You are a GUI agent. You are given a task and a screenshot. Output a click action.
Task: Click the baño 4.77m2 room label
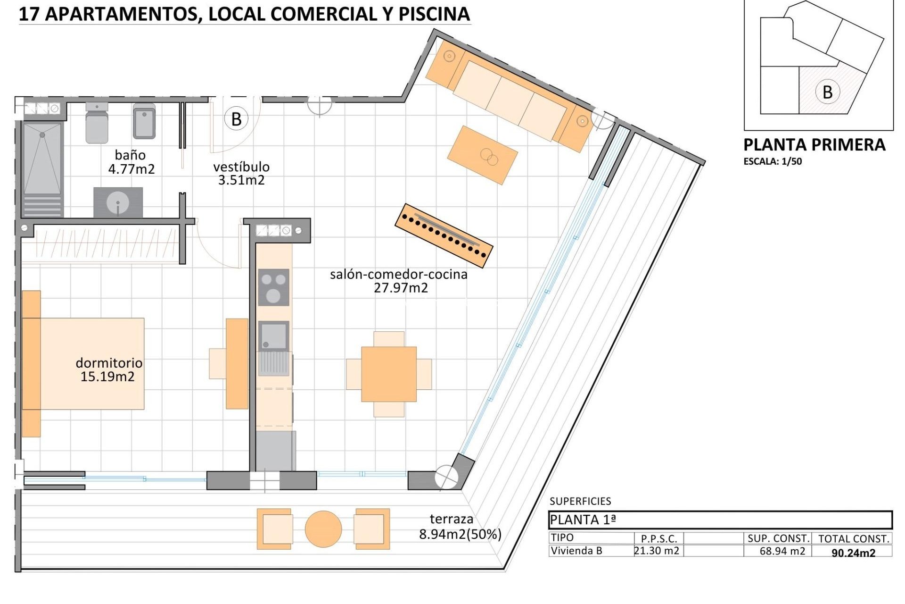131,162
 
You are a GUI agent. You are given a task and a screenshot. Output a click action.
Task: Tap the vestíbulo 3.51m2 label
241,173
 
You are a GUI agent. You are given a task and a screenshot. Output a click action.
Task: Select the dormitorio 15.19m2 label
108,369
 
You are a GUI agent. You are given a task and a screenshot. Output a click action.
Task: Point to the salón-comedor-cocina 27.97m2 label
399,281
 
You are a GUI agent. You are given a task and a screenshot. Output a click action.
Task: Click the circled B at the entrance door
236,119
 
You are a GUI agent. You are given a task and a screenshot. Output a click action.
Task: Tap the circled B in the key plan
827,92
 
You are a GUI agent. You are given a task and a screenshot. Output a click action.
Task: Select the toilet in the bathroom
97,123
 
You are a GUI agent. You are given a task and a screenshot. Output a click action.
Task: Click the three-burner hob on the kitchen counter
273,287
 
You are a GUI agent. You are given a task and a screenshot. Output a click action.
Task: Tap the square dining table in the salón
389,374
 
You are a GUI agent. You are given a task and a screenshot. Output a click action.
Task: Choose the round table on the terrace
323,529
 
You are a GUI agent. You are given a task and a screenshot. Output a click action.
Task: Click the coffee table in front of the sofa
482,155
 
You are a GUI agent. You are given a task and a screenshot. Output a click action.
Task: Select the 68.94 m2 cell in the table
782,551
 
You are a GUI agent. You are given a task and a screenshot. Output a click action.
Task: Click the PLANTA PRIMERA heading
814,145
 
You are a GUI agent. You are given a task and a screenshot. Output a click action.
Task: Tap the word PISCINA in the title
434,14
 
